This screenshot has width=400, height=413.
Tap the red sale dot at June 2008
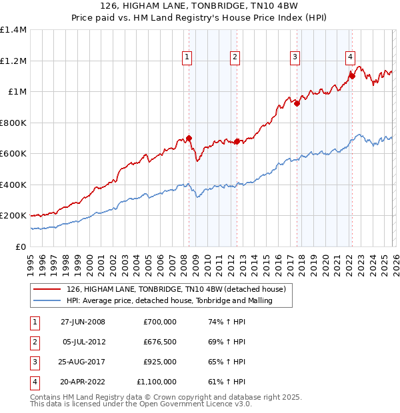pyautogui.click(x=189, y=139)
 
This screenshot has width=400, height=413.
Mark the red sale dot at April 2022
pyautogui.click(x=352, y=77)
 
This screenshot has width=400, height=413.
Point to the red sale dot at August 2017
pyautogui.click(x=297, y=103)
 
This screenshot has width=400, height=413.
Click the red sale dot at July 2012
pyautogui.click(x=237, y=141)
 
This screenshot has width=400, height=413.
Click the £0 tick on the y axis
pyautogui.click(x=20, y=246)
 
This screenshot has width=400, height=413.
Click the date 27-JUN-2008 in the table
pyautogui.click(x=83, y=322)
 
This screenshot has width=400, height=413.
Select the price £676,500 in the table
pyautogui.click(x=159, y=342)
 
